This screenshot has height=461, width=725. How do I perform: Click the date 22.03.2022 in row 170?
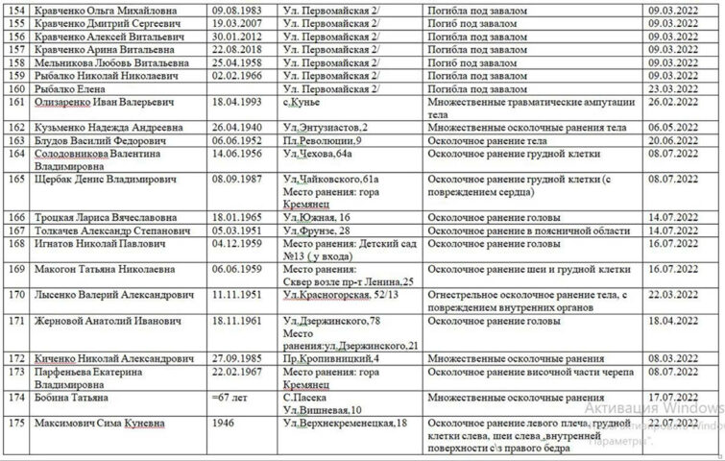pyautogui.click(x=673, y=292)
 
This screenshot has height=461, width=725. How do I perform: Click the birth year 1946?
pyautogui.click(x=222, y=423)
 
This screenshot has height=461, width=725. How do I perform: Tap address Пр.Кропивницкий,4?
pyautogui.click(x=331, y=357)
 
